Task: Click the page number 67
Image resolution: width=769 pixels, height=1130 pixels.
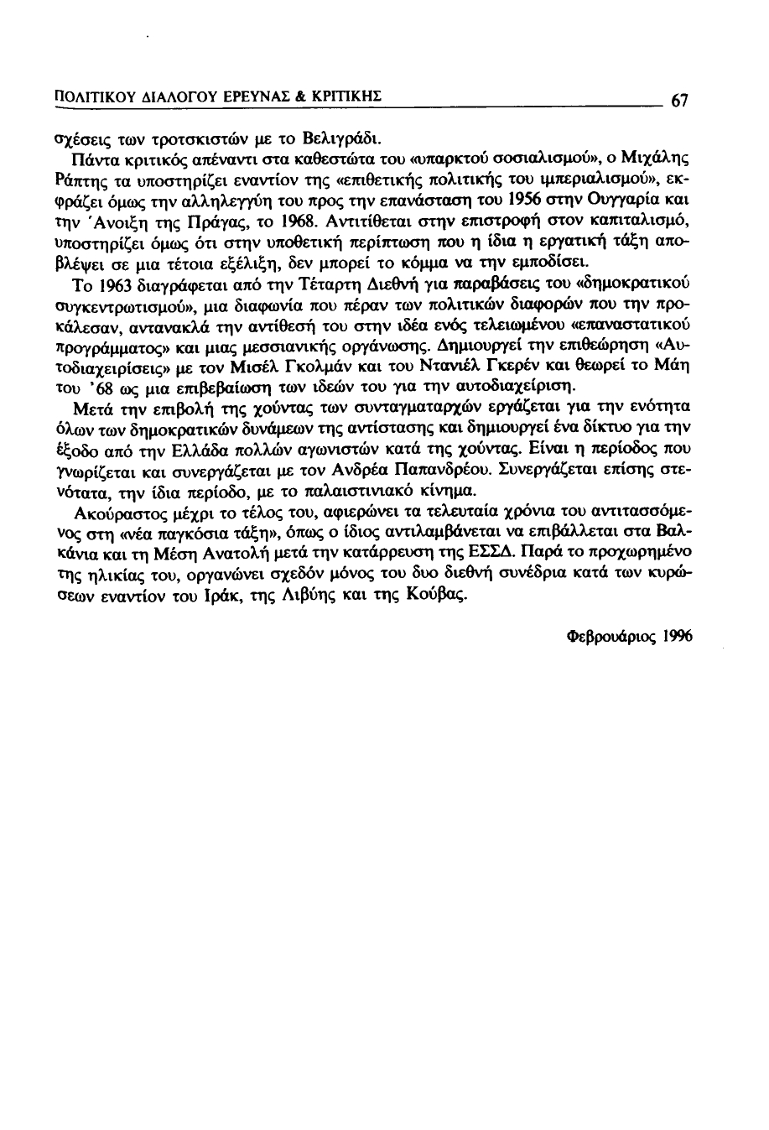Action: (x=679, y=102)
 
